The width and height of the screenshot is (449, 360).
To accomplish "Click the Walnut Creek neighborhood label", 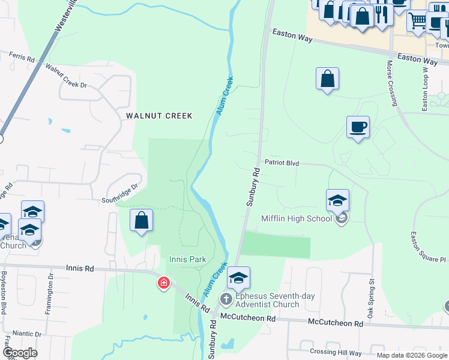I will point(158,116).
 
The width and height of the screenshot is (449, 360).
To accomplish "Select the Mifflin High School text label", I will point(297,218).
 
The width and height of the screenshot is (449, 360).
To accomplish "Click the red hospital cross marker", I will point(163,283).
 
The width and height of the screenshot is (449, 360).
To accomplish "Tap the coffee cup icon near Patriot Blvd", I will point(358,127).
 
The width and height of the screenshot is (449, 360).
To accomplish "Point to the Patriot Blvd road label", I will point(282,163).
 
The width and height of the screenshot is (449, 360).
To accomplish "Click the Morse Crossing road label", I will point(393,82).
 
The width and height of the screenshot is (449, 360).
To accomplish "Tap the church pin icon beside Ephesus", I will point(226,298).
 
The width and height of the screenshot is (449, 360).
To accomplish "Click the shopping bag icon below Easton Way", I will point(327,79).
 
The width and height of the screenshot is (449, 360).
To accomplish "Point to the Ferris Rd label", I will point(22,57).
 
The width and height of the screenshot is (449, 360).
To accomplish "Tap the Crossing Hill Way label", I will point(336,353).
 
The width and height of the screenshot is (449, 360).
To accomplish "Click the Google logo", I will point(19,353).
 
